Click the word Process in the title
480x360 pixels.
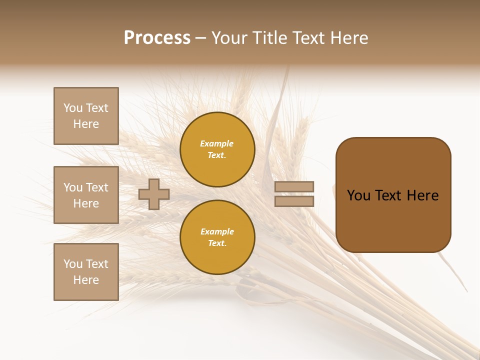[x=157, y=38]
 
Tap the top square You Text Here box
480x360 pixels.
[x=86, y=116]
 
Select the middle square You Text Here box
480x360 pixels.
[x=86, y=195]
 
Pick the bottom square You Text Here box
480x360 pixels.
[x=86, y=272]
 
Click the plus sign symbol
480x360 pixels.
[x=154, y=194]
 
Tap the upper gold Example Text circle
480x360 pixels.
[x=217, y=149]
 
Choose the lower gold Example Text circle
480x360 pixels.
[x=217, y=237]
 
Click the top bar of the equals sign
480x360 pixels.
[x=294, y=186]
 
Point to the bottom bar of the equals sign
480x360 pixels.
[x=294, y=201]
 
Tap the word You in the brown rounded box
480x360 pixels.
[x=358, y=195]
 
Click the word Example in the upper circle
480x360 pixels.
[x=216, y=143]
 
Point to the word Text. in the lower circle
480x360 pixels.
[x=217, y=243]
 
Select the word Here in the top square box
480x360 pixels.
[x=86, y=124]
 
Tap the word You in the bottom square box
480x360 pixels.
[x=73, y=264]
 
